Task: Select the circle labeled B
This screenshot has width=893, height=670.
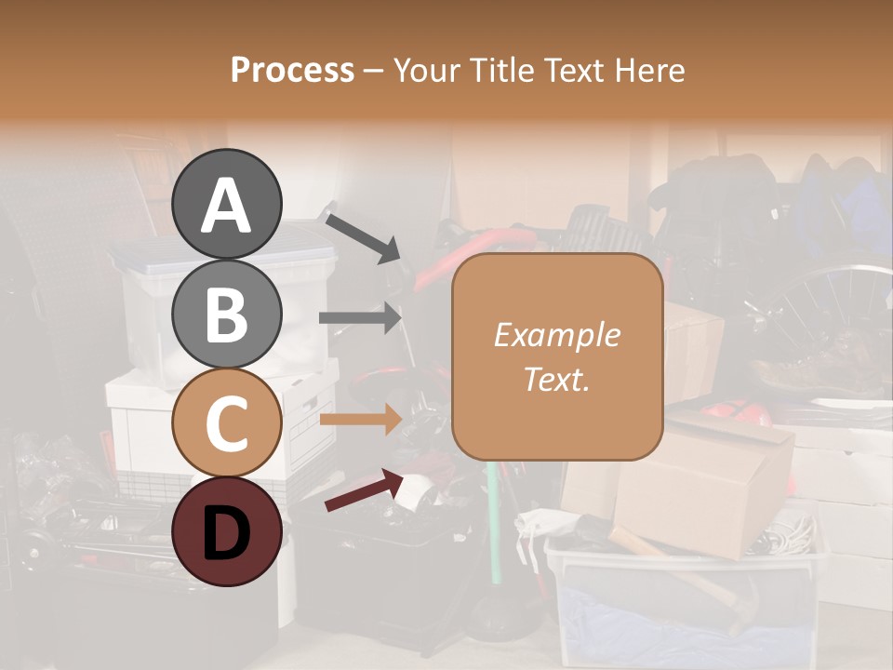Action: click(x=227, y=314)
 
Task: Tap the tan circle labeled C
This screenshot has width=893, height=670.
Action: click(x=227, y=422)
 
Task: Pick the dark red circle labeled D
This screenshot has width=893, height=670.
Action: click(x=227, y=531)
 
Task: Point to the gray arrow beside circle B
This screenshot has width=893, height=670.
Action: click(x=360, y=317)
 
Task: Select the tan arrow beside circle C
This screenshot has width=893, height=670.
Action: click(x=360, y=420)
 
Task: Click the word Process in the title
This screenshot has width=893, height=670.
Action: click(x=292, y=70)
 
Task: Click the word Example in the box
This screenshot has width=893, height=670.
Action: click(x=557, y=335)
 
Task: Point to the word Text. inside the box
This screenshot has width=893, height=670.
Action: click(x=557, y=379)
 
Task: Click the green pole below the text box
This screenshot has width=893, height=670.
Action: click(x=492, y=521)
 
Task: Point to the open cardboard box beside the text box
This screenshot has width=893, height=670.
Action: click(x=707, y=484)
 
